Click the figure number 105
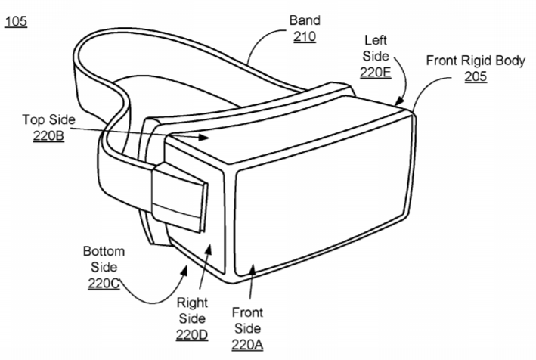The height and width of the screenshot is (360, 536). coord(16,21)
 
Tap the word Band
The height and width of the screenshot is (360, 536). coord(305,20)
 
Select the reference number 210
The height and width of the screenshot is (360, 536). coord(305,36)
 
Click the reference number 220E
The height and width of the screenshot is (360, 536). coord(375,72)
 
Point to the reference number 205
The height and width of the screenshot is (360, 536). coord(476,76)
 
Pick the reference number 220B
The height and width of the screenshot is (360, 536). coord(48,135)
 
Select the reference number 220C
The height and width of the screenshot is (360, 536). coord(104,284)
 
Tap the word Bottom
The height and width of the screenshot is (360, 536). coord(104,251)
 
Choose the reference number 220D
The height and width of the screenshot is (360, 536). coord(192,335)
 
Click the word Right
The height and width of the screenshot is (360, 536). coord(192,303)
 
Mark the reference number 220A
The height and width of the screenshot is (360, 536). coord(247,345)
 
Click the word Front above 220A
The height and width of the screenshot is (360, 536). coord(247,312)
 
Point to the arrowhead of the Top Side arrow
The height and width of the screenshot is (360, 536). coord(204,137)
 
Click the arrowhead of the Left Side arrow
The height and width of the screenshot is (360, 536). coord(399,101)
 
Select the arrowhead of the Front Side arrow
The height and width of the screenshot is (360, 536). coord(252,269)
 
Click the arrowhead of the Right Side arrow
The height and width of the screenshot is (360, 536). coord(208,250)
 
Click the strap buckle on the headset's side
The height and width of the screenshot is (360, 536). coord(179,197)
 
